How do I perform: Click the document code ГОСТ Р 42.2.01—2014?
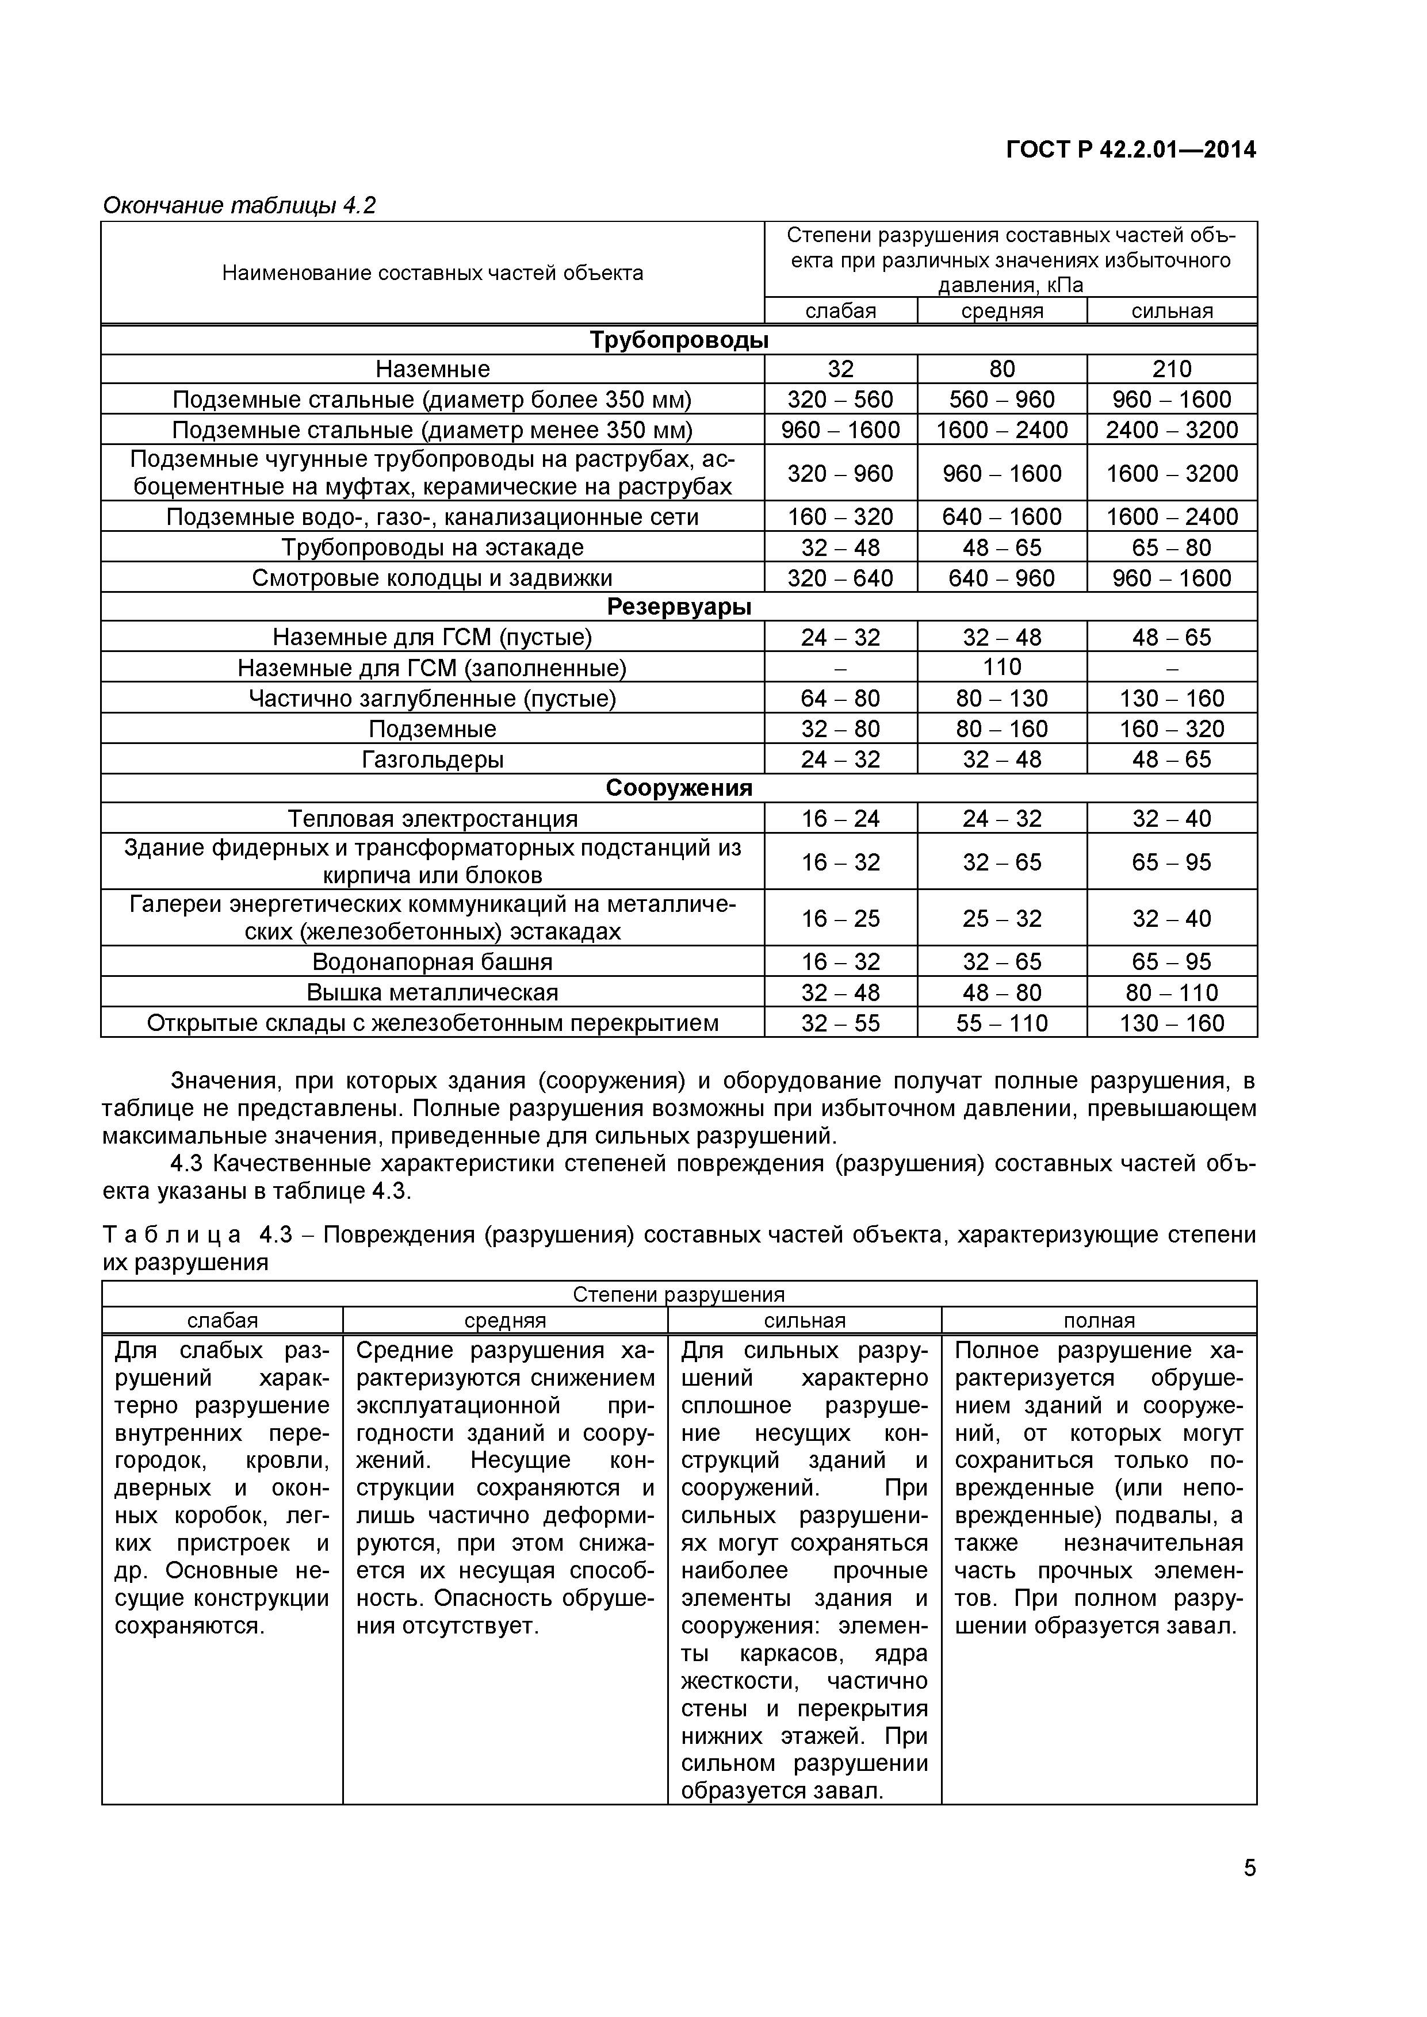[1130, 150]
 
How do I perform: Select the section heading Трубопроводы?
[678, 340]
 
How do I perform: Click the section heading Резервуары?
[678, 607]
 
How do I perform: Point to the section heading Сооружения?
[678, 788]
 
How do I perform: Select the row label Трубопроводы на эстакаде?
[433, 547]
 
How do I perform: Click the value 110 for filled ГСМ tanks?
[1002, 667]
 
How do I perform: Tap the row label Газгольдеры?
[433, 759]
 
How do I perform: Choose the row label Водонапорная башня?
[433, 962]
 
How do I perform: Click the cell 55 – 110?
[1002, 1022]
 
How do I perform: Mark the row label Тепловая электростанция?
[433, 819]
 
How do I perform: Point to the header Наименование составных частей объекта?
[433, 273]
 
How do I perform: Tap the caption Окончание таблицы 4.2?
[239, 206]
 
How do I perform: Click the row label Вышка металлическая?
[433, 992]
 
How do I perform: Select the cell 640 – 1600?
[1002, 516]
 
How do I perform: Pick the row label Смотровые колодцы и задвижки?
[433, 578]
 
